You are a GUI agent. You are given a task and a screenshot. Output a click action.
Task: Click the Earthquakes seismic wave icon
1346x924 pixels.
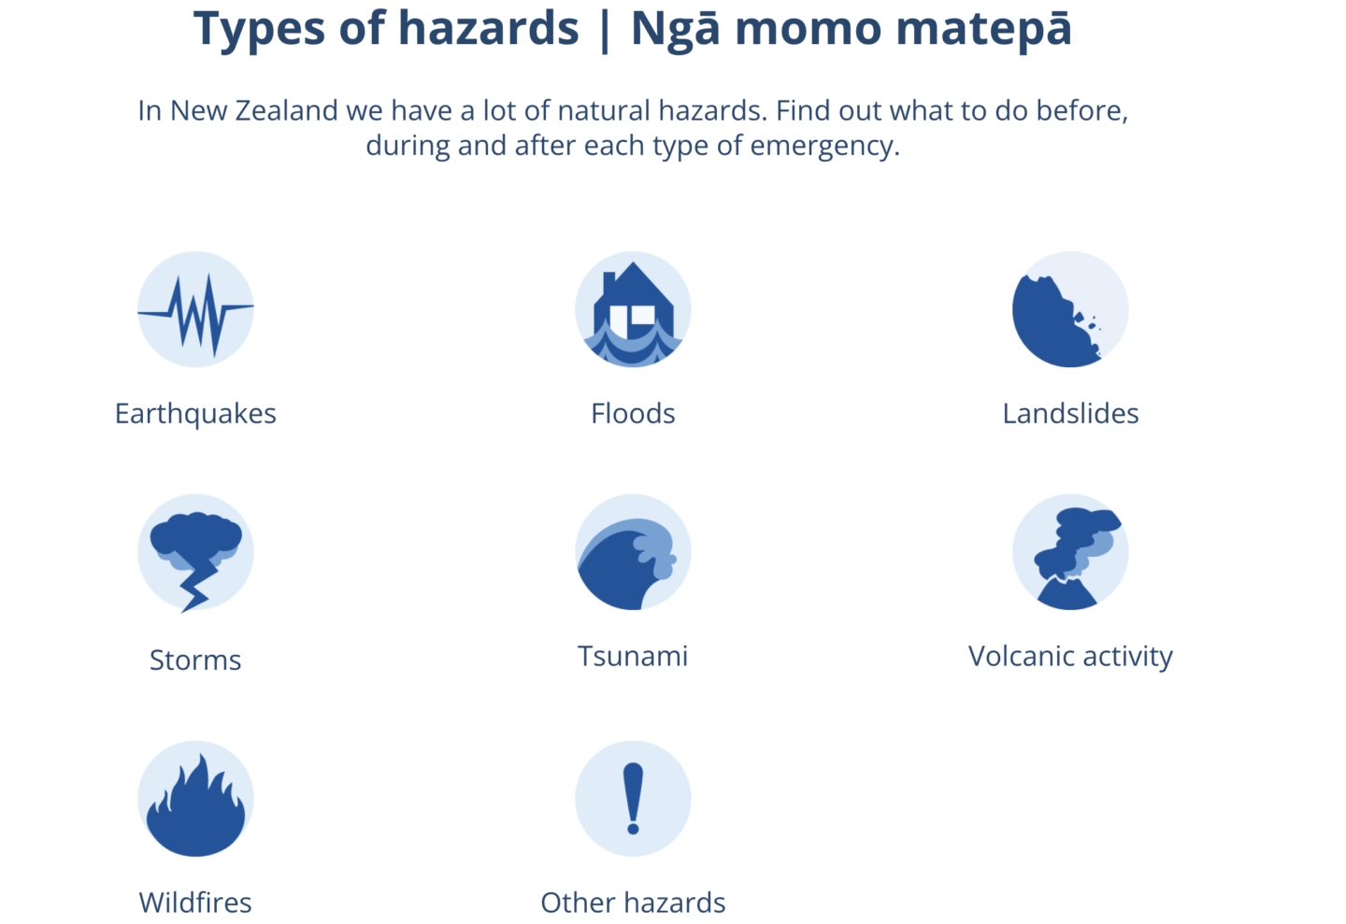point(196,309)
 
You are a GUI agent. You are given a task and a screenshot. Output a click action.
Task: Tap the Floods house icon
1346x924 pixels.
point(633,309)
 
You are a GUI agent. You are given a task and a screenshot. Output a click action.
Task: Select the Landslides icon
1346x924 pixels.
point(1070,309)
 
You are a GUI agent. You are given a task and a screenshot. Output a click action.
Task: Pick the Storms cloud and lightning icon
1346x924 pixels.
point(196,553)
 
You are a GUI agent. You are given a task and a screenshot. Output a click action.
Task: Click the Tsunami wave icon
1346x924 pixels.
point(633,552)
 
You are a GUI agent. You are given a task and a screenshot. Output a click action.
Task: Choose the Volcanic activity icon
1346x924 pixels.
point(1070,552)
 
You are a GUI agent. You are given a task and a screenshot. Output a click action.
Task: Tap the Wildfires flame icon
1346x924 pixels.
point(196,799)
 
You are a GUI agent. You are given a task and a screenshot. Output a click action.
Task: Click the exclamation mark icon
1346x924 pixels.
point(633,799)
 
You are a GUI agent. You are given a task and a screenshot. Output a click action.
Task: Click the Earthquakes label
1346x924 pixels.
point(196,414)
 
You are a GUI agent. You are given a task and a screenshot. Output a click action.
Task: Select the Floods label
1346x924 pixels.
point(633,413)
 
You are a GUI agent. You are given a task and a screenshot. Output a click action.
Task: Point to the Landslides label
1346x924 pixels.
point(1071,413)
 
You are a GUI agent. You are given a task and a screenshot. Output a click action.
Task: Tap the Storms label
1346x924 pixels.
point(195,661)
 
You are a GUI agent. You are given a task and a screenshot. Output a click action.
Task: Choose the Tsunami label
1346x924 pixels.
point(633,656)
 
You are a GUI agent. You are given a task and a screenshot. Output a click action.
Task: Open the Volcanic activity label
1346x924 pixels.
point(1070,657)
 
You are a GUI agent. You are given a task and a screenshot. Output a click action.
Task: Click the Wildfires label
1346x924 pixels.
point(195,903)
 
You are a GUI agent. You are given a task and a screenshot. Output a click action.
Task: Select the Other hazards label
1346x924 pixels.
point(634,903)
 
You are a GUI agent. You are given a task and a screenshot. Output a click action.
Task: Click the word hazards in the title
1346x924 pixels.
point(489,28)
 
